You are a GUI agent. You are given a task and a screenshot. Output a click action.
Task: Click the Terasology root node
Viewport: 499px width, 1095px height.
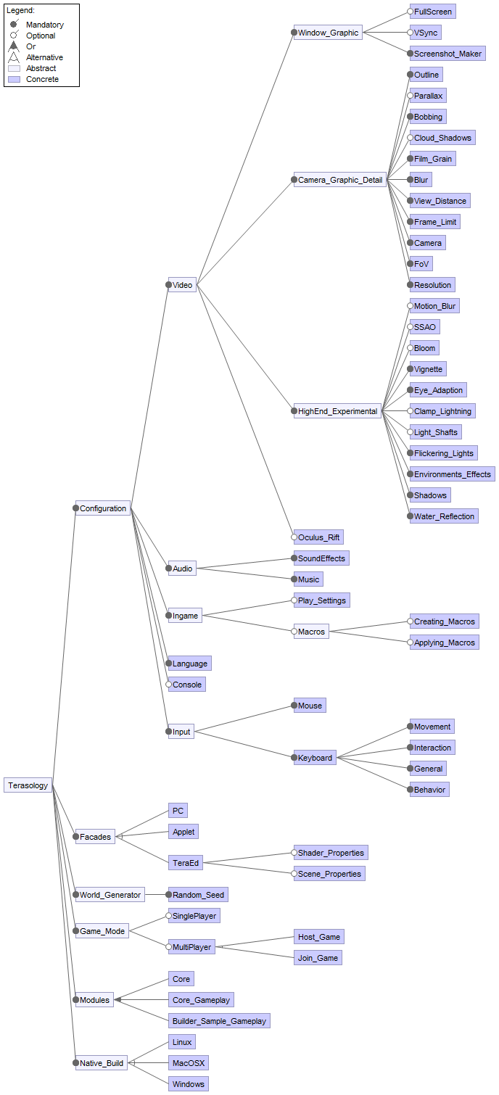click(28, 785)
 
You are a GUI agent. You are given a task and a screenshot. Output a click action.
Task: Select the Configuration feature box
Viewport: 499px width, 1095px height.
click(103, 508)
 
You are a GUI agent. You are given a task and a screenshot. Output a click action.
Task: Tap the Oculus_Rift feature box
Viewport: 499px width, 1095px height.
click(318, 537)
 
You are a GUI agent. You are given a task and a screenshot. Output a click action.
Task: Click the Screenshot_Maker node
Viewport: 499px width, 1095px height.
click(447, 54)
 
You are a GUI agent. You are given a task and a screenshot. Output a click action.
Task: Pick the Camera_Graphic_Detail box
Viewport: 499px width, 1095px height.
click(340, 180)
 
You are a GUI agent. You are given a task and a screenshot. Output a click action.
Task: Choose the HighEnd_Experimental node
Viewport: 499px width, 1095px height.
click(337, 411)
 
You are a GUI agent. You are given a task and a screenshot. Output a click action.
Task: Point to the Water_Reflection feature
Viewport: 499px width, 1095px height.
click(444, 516)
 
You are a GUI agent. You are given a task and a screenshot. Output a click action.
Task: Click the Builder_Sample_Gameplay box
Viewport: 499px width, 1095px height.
click(219, 1021)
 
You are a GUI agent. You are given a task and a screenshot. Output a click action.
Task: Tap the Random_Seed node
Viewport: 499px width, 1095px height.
click(199, 895)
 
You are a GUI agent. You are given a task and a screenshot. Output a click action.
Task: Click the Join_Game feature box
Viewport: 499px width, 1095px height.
click(318, 958)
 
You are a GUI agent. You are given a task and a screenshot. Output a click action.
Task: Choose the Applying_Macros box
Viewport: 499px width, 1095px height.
click(444, 642)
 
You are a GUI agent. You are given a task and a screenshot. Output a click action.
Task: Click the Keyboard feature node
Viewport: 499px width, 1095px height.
click(315, 758)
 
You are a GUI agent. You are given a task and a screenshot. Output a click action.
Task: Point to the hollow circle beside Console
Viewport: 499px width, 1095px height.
click(169, 685)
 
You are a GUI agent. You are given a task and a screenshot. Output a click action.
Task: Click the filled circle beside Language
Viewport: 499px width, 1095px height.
click(169, 664)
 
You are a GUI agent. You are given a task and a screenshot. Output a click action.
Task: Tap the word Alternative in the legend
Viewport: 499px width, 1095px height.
click(44, 57)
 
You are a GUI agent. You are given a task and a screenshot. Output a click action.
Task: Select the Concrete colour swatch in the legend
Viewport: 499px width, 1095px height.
click(14, 79)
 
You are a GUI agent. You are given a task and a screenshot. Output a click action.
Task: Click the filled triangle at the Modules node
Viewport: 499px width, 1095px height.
click(117, 1000)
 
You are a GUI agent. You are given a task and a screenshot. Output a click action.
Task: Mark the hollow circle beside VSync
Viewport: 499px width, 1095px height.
click(411, 33)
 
